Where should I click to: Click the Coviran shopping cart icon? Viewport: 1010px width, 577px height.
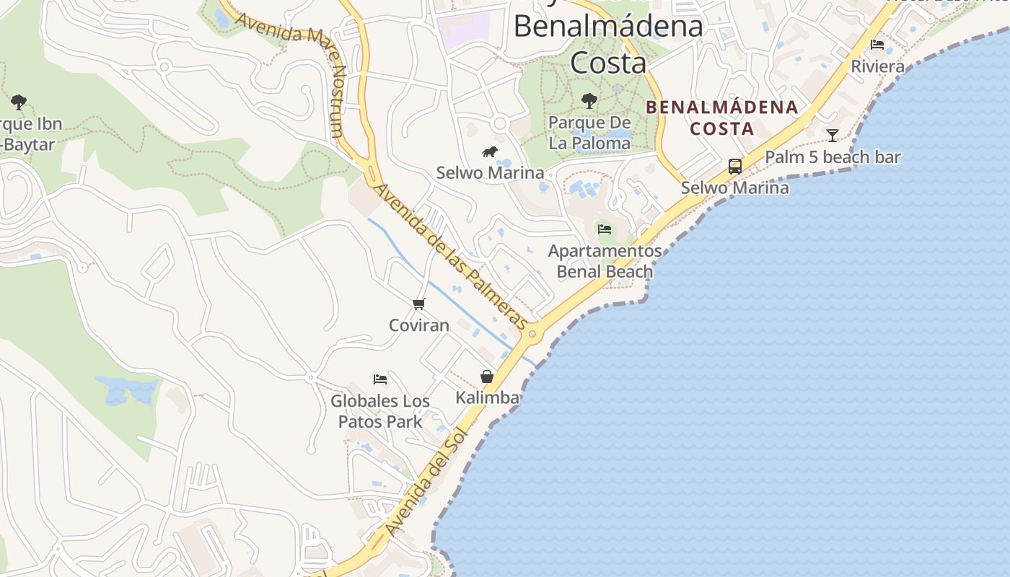419,304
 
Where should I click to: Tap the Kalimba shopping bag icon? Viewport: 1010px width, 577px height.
487,376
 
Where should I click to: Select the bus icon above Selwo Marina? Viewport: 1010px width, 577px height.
734,167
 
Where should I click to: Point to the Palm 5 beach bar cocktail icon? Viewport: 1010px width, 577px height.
833,135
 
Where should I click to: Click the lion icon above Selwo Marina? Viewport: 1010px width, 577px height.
491,151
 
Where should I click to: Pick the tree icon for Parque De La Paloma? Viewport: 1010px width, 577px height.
589,101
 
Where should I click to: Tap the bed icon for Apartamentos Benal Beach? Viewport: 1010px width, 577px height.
605,229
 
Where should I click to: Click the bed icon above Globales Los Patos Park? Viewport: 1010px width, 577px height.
380,379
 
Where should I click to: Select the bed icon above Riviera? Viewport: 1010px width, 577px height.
877,45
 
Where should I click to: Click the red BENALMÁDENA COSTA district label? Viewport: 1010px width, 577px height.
721,118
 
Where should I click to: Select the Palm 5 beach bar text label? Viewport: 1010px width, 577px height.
833,157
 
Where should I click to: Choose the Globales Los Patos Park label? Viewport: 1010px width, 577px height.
380,411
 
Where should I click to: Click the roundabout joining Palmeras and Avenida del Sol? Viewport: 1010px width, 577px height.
533,333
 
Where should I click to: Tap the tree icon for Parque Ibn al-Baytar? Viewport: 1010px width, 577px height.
19,102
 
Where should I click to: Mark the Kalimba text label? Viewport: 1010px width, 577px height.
487,397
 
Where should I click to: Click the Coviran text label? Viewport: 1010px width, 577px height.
419,325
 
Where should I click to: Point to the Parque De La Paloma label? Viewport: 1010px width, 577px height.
589,133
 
